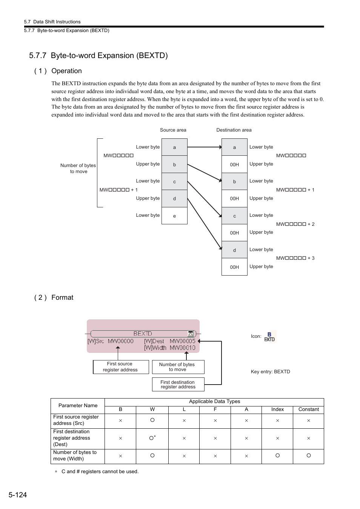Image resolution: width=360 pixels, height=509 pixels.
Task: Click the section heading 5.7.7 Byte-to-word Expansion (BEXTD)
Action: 98,55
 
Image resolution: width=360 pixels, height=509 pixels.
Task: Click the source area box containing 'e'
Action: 174,216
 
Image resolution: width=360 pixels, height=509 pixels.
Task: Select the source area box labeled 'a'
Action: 174,147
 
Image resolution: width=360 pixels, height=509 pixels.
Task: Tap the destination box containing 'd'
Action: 234,250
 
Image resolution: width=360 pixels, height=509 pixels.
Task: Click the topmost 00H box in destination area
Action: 234,164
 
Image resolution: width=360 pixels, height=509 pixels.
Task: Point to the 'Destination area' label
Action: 234,130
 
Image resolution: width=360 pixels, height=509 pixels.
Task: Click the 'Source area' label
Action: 173,130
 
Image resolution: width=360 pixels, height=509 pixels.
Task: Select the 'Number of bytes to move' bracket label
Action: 78,168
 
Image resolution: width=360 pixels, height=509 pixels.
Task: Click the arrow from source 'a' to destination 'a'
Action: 204,147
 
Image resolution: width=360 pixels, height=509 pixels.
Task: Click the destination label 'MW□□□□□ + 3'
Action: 295,258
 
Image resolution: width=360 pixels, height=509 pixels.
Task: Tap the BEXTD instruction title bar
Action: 142,334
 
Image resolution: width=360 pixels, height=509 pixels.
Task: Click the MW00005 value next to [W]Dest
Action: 183,341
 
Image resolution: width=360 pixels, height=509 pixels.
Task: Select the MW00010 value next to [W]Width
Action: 183,348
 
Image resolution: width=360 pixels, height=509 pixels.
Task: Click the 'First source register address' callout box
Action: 120,367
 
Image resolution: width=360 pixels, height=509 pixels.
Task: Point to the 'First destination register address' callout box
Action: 178,384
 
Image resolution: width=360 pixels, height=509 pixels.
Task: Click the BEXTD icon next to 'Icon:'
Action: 269,337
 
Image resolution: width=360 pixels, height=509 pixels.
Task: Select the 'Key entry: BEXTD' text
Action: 270,372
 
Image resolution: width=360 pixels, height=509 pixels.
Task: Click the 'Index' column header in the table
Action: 277,409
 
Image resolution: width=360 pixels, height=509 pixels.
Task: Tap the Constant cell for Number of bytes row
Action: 308,455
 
